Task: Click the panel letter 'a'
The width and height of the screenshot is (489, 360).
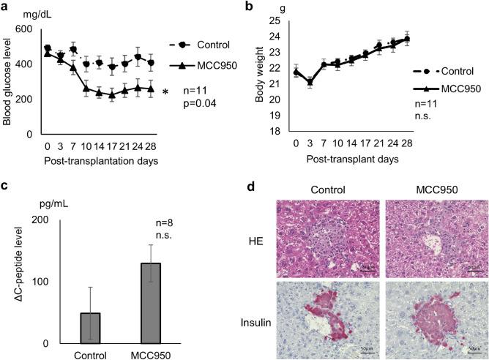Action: (x=6, y=7)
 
